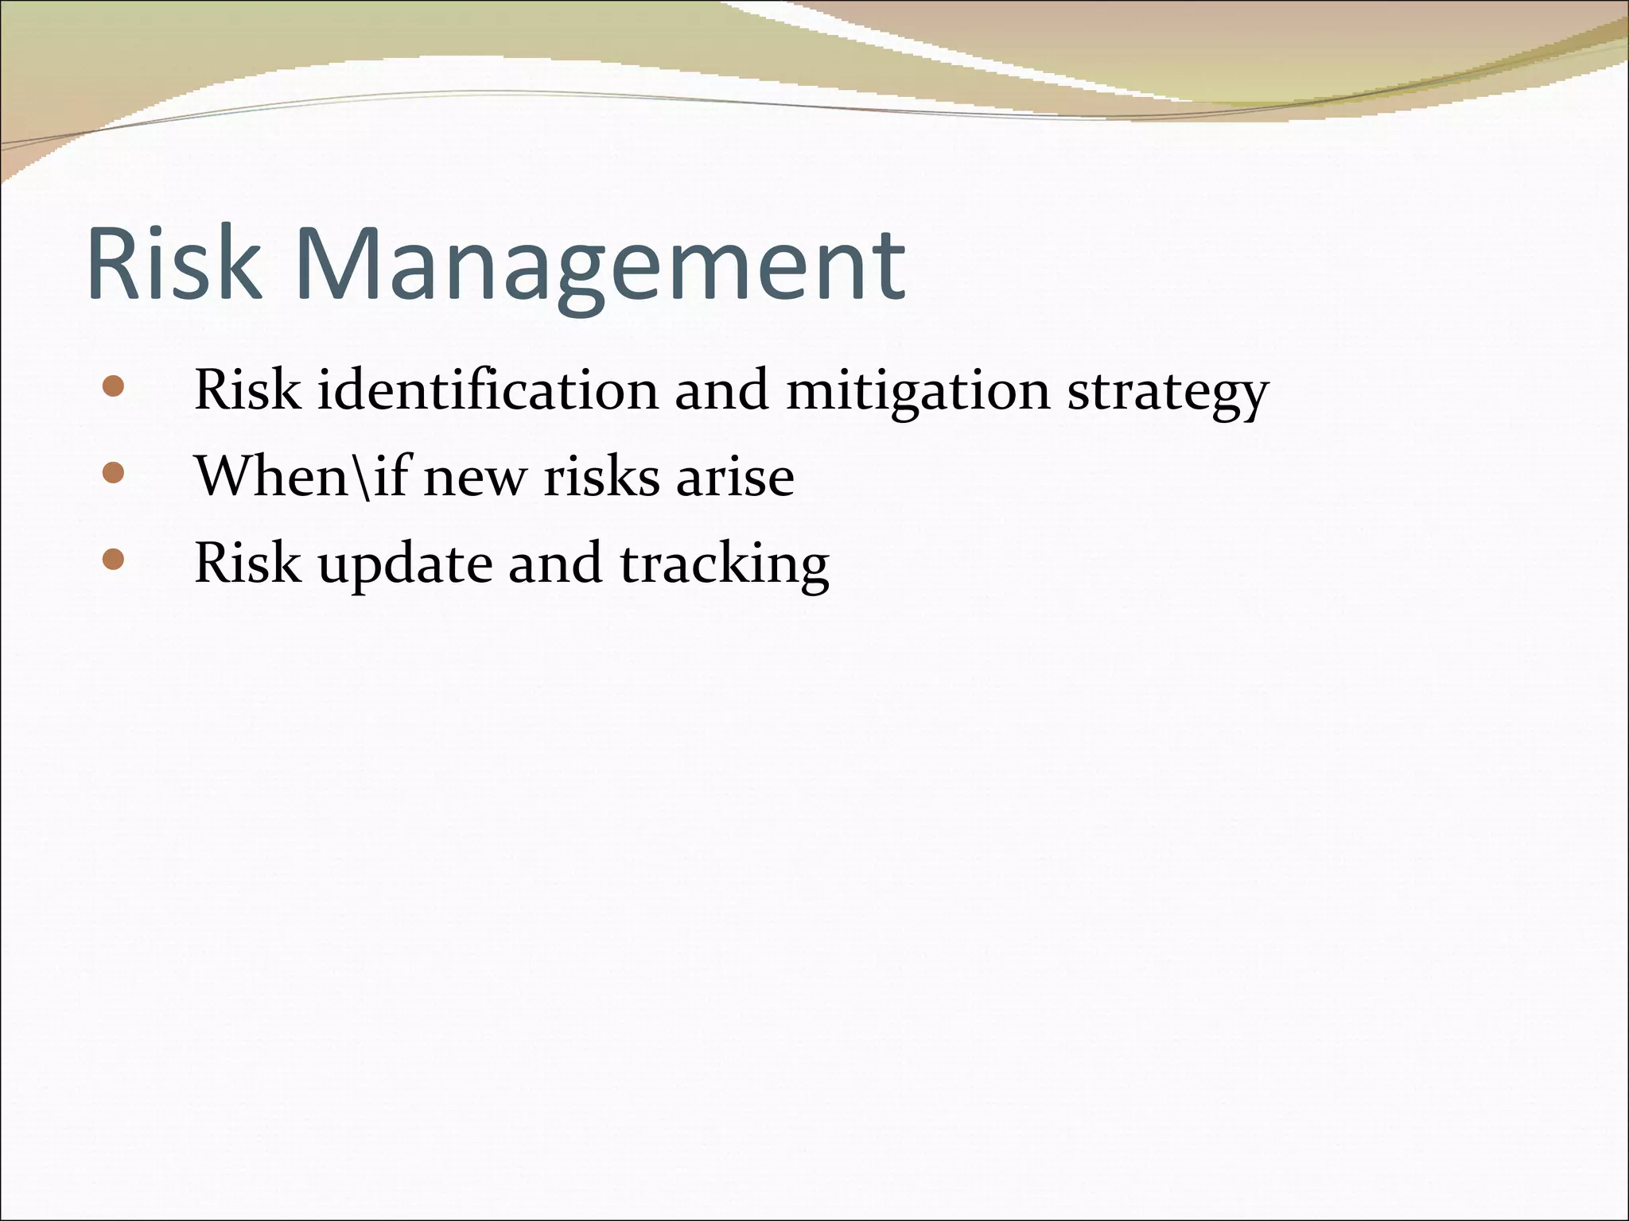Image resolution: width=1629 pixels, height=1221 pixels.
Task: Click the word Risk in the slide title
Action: (x=174, y=264)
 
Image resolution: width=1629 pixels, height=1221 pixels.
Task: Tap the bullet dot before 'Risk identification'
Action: (x=114, y=387)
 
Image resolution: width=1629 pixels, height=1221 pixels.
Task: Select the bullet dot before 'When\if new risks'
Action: (x=114, y=474)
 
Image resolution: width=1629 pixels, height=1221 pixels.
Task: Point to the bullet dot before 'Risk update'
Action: (x=114, y=560)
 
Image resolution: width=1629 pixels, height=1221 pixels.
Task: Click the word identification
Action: (x=488, y=390)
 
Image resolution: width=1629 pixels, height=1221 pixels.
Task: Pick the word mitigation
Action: (x=918, y=392)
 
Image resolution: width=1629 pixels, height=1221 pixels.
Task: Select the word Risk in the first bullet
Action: (x=247, y=390)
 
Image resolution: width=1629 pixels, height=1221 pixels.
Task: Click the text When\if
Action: (x=302, y=476)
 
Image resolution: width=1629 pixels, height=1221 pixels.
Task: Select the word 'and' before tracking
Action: (x=554, y=564)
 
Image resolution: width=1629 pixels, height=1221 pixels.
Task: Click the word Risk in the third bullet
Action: (x=247, y=563)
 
